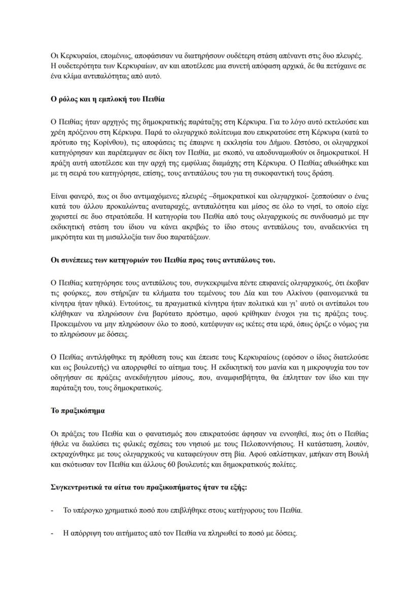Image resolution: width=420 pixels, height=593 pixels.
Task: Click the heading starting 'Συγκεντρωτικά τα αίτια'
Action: point(149,486)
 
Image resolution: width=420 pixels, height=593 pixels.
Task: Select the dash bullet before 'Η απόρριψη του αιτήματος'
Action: point(53,534)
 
